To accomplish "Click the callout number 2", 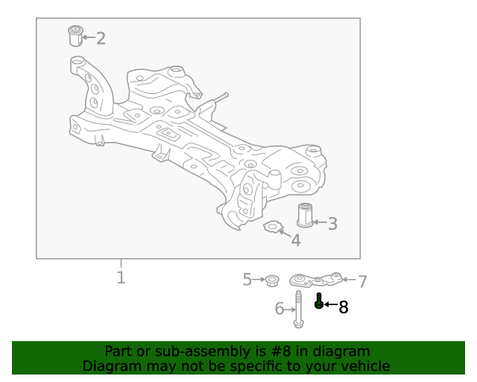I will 101,37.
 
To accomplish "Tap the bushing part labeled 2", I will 74,35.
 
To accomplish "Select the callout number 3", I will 332,222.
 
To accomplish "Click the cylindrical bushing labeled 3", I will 304,214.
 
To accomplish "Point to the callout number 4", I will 296,240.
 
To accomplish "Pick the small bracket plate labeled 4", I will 274,225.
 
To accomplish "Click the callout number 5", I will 247,280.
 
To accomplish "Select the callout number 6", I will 280,308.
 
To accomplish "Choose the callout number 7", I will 362,281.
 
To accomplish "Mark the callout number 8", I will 344,307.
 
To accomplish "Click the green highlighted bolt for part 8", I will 319,301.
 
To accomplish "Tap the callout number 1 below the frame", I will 121,278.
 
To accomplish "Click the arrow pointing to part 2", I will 87,37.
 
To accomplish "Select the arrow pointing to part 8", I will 329,305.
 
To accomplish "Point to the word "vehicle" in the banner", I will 364,366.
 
